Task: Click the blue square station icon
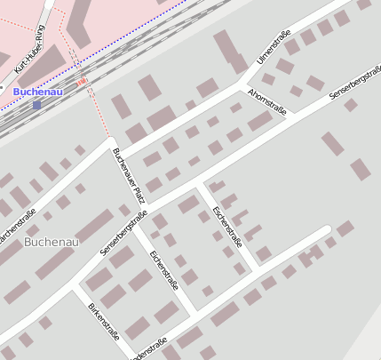point(36,105)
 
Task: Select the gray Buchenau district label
point(52,242)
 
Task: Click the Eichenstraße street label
point(164,271)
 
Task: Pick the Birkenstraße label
point(103,322)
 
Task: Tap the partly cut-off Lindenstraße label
point(147,348)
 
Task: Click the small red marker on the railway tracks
point(83,82)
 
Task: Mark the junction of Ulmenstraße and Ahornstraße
point(242,85)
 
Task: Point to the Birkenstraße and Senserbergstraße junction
point(75,288)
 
